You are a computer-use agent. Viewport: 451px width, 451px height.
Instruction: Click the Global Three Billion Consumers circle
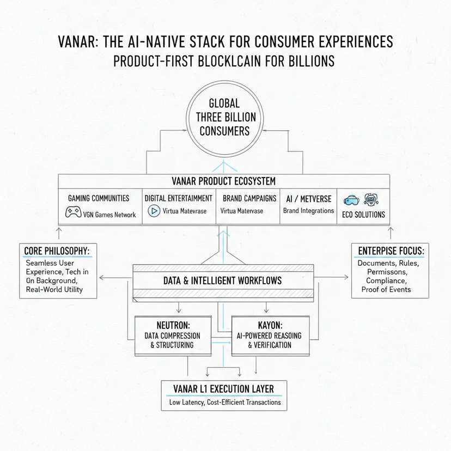point(224,117)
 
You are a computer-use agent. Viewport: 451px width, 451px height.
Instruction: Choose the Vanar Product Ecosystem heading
point(224,181)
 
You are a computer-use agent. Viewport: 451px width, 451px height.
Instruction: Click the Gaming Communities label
point(99,198)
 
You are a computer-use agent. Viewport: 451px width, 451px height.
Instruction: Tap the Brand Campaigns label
point(248,198)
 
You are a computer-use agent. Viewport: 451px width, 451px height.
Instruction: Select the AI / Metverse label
point(308,198)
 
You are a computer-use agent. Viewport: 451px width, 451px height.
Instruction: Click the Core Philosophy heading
point(57,251)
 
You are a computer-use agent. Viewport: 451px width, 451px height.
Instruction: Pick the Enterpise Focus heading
point(391,251)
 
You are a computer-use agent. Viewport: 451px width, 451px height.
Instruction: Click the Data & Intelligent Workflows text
point(223,281)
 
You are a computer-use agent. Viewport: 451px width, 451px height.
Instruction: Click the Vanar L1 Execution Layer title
point(223,388)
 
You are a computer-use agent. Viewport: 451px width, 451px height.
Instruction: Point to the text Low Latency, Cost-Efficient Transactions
point(224,403)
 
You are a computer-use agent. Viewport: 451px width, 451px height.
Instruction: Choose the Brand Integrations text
point(308,210)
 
